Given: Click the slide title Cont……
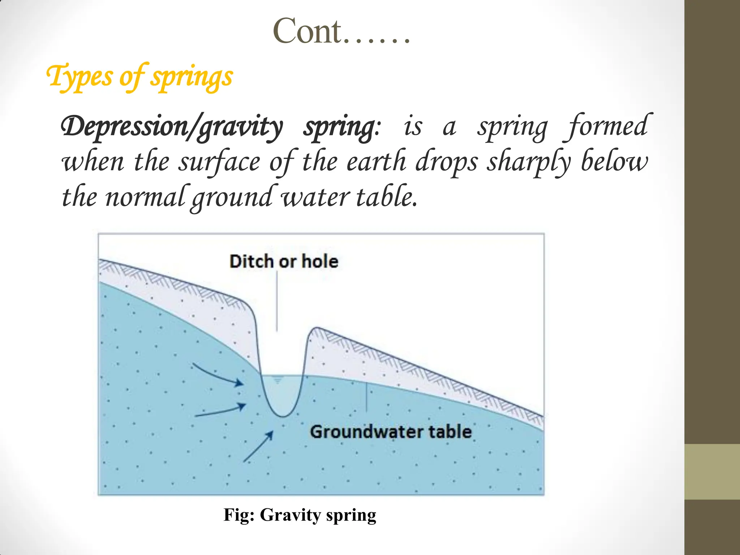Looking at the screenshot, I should pos(341,32).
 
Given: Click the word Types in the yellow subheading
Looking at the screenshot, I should pos(79,76).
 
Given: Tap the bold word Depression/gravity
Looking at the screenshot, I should pos(172,126).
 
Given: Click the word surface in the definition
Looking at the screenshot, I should pos(219,162).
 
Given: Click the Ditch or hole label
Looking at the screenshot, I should pos(284,261).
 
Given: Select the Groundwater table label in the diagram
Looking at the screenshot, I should pos(391,432).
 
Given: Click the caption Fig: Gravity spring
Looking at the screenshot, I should pos(300,515).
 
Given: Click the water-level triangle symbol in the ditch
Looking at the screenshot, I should pos(277,381).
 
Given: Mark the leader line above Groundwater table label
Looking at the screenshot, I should pos(367,397).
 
